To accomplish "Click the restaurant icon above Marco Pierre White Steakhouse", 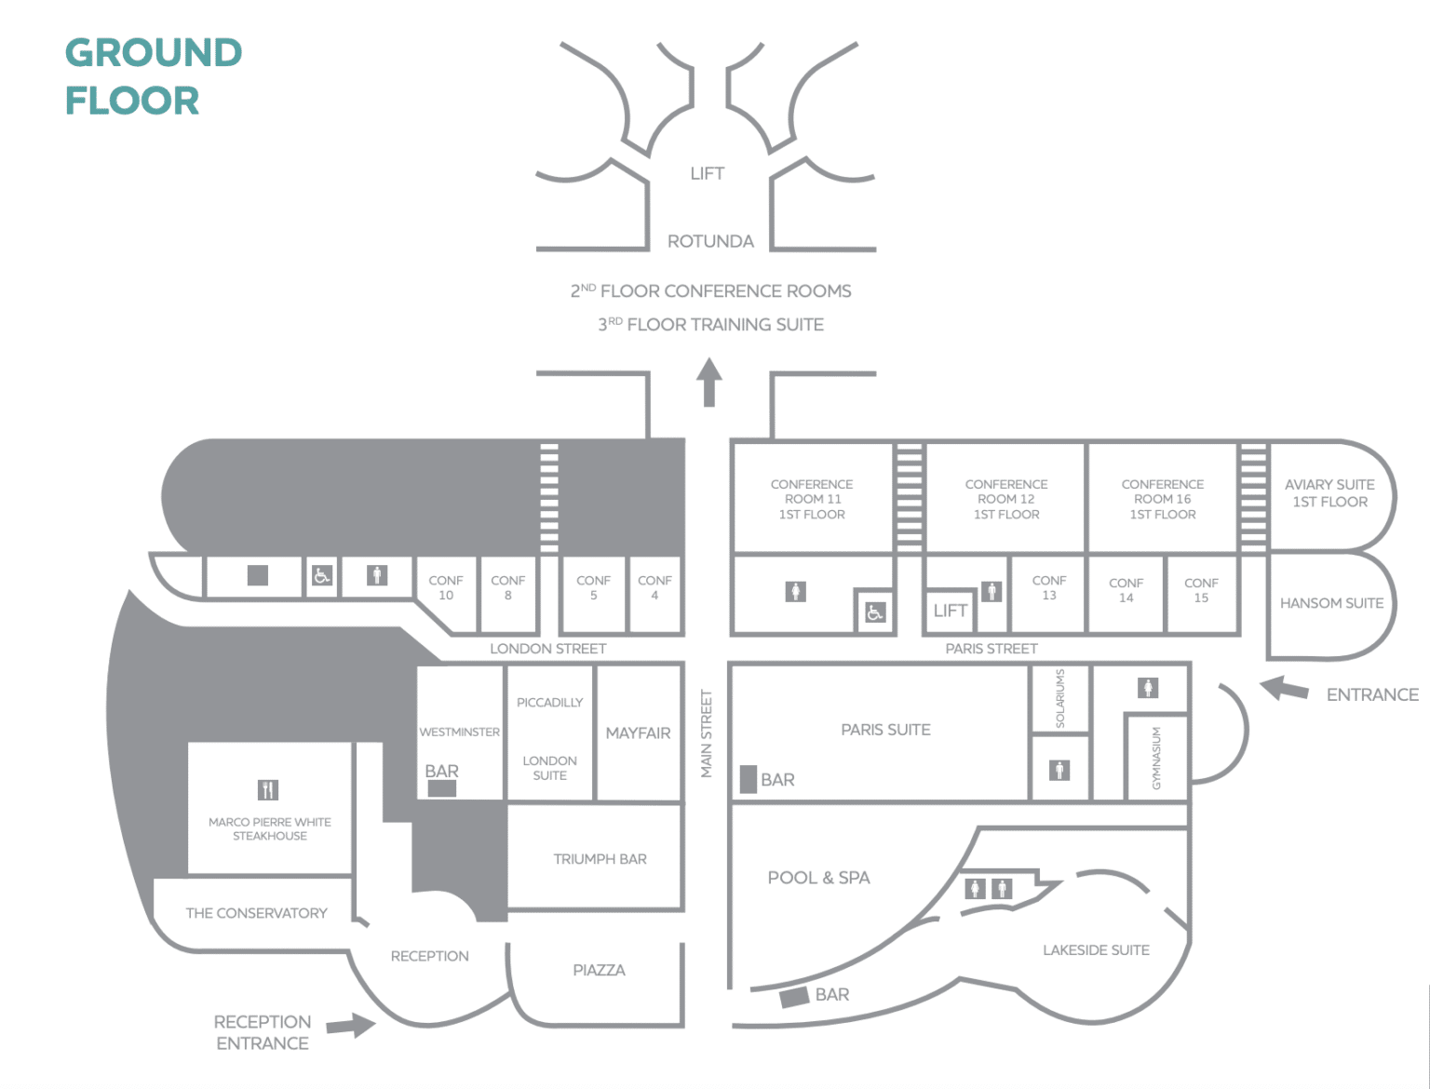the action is (x=268, y=789).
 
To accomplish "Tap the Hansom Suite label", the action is (x=1331, y=603).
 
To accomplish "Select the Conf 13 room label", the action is (x=1049, y=587).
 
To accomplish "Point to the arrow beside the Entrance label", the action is (x=1284, y=688).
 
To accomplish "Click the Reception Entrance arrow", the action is (x=350, y=1025).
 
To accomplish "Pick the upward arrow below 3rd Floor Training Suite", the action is (x=708, y=383).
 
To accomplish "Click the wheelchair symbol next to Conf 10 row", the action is (x=322, y=575).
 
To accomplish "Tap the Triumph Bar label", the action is (x=600, y=859).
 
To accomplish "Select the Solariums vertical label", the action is (x=1060, y=698).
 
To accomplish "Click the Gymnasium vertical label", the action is (x=1156, y=759).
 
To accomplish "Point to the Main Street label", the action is (x=707, y=733).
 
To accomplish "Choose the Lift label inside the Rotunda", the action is (x=707, y=173).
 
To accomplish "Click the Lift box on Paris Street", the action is (x=950, y=611).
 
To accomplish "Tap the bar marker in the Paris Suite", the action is (x=749, y=779).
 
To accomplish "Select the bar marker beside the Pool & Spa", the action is (x=795, y=997).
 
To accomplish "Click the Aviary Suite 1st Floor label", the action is (x=1329, y=493).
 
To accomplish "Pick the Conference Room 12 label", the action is (x=1005, y=499).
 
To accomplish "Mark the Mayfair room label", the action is (x=638, y=733).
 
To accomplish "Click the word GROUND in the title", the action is (x=154, y=53).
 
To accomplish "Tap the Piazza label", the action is (x=599, y=970).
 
